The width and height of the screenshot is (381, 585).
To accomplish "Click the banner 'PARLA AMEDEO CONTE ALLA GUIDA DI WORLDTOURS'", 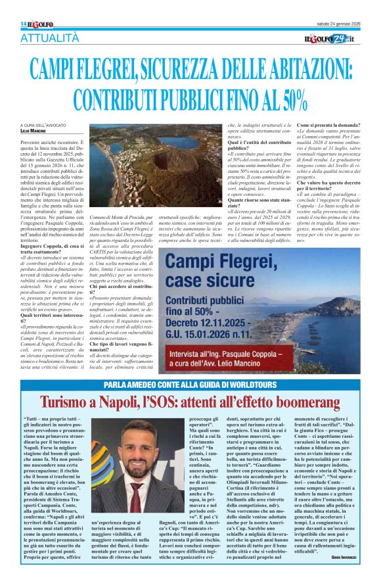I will [x=190, y=384].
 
